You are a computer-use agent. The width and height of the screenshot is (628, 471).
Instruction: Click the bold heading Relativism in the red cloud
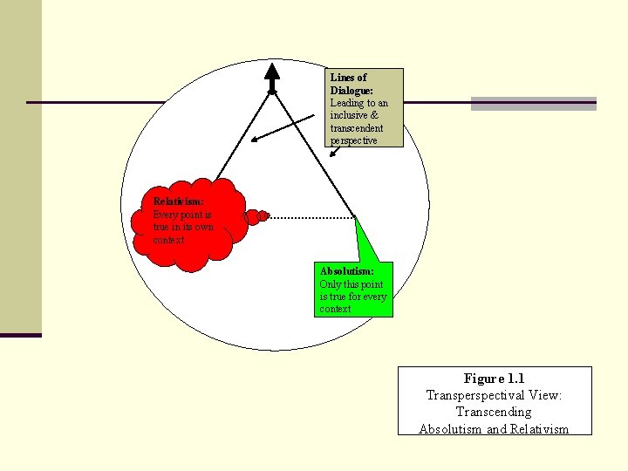(178, 201)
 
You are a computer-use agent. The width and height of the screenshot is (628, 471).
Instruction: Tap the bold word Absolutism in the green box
(347, 271)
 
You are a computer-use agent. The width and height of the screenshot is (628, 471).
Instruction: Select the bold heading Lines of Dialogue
(352, 84)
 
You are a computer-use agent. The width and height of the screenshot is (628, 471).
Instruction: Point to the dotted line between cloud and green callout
(311, 217)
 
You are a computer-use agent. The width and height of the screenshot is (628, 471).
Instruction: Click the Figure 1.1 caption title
(495, 378)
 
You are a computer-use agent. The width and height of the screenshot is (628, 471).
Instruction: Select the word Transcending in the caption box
(494, 412)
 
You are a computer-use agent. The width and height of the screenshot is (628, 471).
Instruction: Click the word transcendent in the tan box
(357, 128)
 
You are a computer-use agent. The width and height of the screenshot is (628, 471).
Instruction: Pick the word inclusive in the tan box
(349, 115)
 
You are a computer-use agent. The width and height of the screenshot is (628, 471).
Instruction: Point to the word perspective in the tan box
(353, 141)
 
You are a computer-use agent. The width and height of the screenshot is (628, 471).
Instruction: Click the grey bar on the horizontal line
(534, 103)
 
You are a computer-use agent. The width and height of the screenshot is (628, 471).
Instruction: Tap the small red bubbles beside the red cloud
(256, 216)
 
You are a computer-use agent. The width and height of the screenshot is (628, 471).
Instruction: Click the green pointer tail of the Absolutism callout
(366, 240)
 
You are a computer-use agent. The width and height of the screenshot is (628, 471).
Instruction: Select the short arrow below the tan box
(334, 152)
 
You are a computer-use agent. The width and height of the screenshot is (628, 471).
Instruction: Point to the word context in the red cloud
(168, 241)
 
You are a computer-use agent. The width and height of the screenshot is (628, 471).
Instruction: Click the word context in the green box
(335, 309)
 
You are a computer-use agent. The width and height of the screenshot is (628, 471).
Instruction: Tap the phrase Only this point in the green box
(352, 284)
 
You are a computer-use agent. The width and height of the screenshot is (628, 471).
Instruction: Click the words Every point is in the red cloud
(182, 215)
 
